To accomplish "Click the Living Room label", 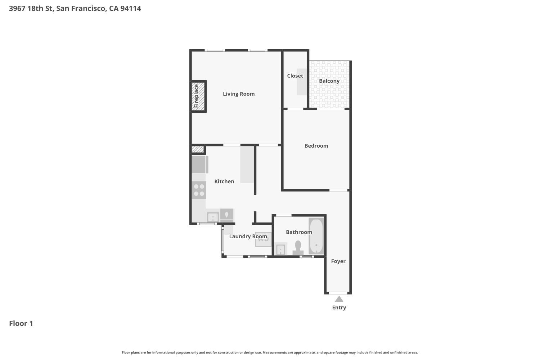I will click(x=238, y=94).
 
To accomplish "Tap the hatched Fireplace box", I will click(x=198, y=96).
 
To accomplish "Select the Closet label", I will click(x=295, y=76).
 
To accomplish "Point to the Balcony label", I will click(x=329, y=81).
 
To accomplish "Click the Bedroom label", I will click(x=316, y=146).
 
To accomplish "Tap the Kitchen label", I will click(x=224, y=181).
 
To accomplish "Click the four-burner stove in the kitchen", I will click(x=199, y=190).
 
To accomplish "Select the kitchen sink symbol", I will click(x=212, y=217).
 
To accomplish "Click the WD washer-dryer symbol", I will click(x=263, y=239).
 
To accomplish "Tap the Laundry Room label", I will click(x=248, y=237).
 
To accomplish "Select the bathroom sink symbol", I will click(x=280, y=249).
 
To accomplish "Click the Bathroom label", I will click(x=299, y=232).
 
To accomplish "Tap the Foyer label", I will click(x=338, y=261).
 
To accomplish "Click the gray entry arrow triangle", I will click(x=339, y=299).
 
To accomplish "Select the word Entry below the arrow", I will click(x=339, y=307).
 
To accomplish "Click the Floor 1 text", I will click(x=21, y=323).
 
